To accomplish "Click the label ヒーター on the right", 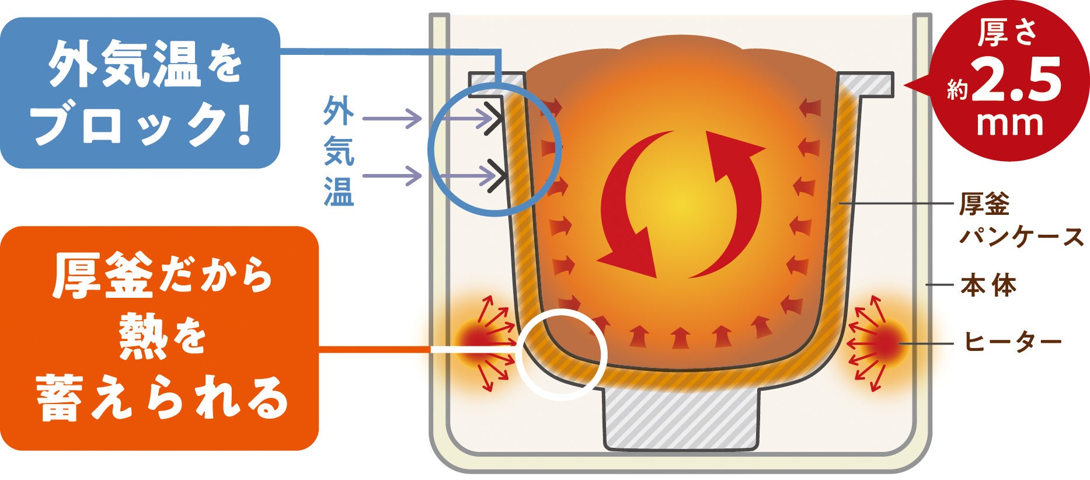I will pyautogui.click(x=1012, y=342).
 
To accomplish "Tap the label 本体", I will pyautogui.click(x=988, y=286).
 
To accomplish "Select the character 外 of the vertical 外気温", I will pyautogui.click(x=339, y=110).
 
